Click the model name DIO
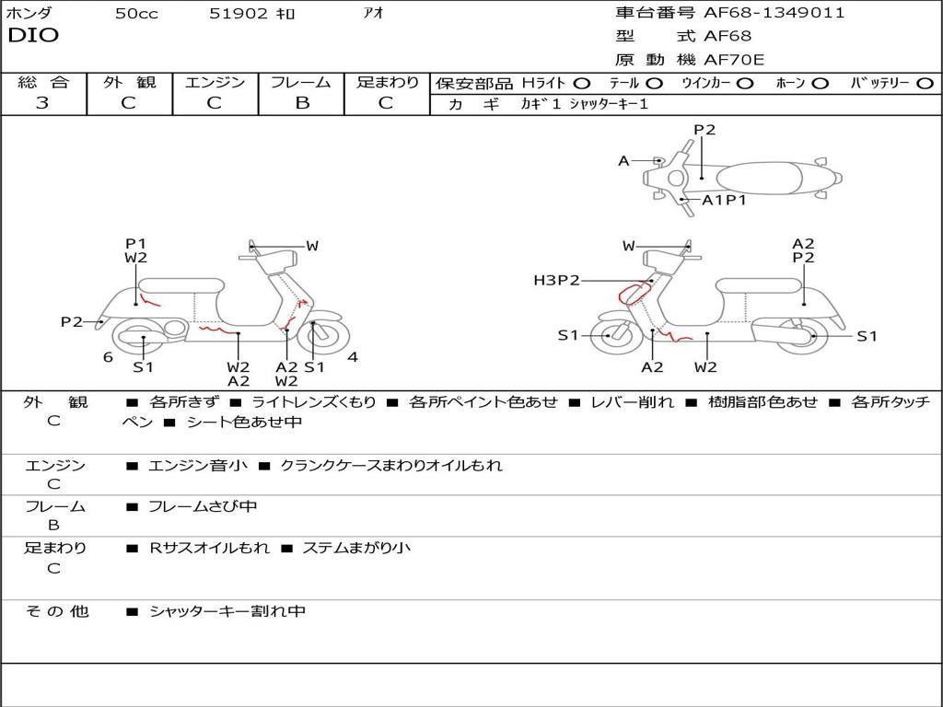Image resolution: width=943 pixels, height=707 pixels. click(x=33, y=36)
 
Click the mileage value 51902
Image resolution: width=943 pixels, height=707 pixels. click(x=239, y=14)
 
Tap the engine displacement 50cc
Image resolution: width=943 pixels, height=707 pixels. click(x=136, y=14)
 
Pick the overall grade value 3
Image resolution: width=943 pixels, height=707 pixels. click(x=42, y=103)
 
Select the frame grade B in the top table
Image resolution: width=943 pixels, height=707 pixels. click(x=301, y=103)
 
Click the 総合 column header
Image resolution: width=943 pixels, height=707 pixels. click(x=42, y=82)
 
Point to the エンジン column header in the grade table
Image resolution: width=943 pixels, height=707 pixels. click(x=215, y=82)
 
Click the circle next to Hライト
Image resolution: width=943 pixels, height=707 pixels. click(x=582, y=83)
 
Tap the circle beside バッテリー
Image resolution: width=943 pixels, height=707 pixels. click(x=924, y=83)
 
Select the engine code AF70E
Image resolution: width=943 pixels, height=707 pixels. click(x=735, y=60)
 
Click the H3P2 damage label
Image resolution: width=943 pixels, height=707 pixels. click(x=556, y=280)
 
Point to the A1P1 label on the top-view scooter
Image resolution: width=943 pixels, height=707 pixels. click(x=724, y=200)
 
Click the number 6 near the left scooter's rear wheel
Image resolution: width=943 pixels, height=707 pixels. click(x=108, y=356)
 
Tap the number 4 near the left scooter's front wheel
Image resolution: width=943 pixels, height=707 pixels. click(x=353, y=356)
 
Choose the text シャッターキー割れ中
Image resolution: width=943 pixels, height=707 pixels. click(x=227, y=611)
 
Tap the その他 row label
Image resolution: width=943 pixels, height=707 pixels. click(x=56, y=611)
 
